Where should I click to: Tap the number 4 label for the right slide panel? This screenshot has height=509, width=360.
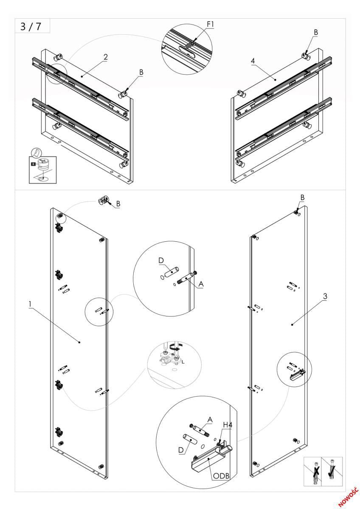[253, 61]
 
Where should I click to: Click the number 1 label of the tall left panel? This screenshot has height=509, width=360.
[31, 304]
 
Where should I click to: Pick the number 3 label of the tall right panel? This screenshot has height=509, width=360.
[325, 296]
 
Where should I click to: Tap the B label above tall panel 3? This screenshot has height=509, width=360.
[302, 198]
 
